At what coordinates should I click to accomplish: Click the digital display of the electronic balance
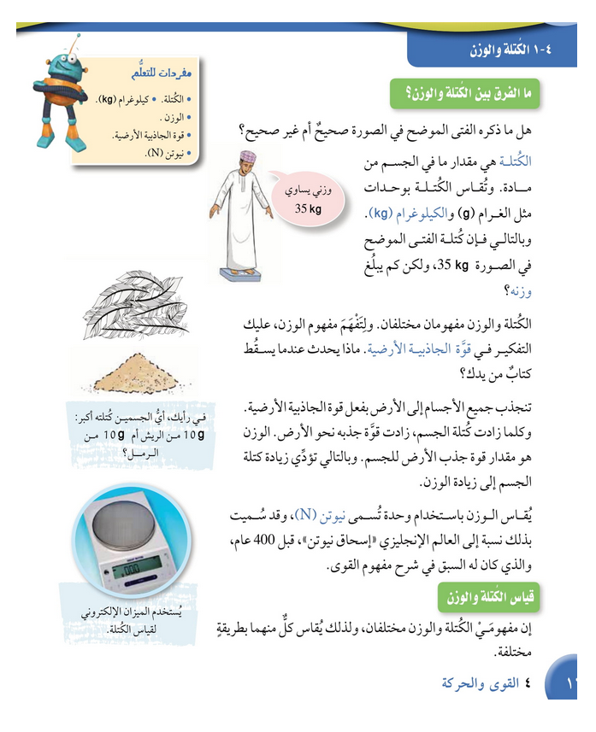[x=139, y=567]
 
